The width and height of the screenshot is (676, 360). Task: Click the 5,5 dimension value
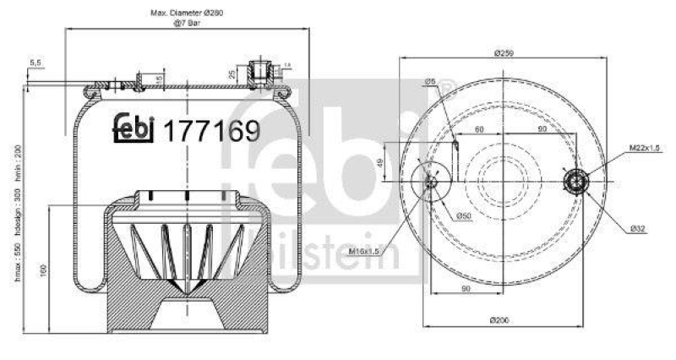[x=35, y=63]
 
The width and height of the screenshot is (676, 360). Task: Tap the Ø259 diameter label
[x=506, y=53]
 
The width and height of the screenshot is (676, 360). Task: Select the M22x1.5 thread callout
[x=644, y=149]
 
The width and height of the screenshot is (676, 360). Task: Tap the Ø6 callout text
[x=430, y=81]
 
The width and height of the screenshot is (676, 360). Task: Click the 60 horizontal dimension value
[x=478, y=129]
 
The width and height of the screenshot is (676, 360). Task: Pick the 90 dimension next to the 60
[x=541, y=129]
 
